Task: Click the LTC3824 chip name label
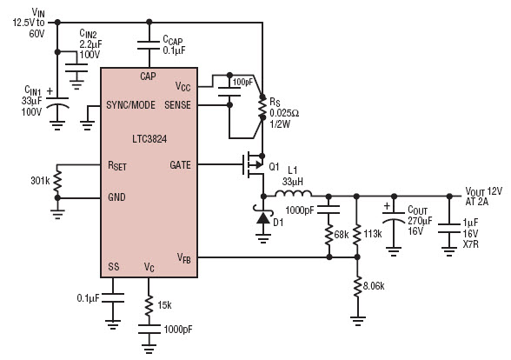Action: click(x=149, y=139)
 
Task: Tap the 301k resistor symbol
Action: click(x=57, y=181)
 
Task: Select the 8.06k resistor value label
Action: click(x=374, y=286)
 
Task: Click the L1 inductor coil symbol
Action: click(x=294, y=193)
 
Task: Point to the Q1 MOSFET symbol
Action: click(x=254, y=164)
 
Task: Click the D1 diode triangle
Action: click(x=263, y=217)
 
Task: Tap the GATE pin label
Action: click(x=180, y=165)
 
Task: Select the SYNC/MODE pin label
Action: click(x=130, y=105)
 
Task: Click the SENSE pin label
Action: click(x=177, y=105)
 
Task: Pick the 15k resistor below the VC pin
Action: click(x=149, y=305)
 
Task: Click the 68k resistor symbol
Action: click(x=328, y=235)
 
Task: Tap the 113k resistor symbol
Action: click(x=357, y=235)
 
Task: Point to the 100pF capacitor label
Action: click(x=242, y=82)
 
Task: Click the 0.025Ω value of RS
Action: click(x=284, y=113)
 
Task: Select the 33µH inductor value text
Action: click(x=293, y=181)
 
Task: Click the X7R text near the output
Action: click(x=471, y=243)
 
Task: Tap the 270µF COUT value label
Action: click(x=420, y=221)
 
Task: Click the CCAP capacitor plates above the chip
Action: click(x=149, y=45)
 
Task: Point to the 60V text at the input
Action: click(x=36, y=34)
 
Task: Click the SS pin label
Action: click(x=113, y=267)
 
